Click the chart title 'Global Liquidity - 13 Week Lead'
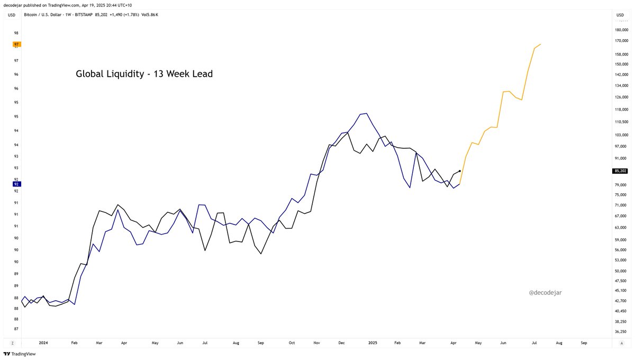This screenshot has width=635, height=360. (144, 74)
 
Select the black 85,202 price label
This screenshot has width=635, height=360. (620, 171)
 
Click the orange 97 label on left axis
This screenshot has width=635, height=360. (17, 44)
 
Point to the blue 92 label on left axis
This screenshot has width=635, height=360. (17, 184)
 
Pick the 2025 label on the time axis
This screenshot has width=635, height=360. (372, 343)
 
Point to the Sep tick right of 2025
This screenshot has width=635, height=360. (584, 343)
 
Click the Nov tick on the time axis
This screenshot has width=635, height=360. (316, 343)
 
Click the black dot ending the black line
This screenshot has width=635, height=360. (460, 171)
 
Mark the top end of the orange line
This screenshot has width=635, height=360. (540, 44)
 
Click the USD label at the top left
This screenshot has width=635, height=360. (12, 14)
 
